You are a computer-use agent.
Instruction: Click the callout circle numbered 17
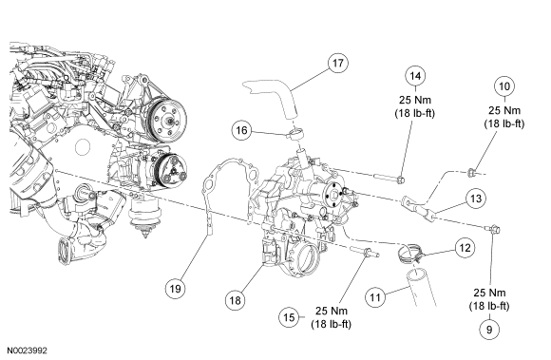pos(337,64)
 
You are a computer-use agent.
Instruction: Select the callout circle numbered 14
pos(415,76)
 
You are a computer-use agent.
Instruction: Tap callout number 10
pos(504,86)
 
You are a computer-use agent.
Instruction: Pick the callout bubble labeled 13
pos(476,199)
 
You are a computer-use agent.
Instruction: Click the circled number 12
pos(465,248)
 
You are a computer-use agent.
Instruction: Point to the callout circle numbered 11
pos(375,298)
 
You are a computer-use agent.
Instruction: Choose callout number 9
pos(489,330)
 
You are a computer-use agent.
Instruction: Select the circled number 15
pos(289,317)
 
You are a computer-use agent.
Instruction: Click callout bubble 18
pos(235,300)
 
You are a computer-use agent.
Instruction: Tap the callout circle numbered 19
pos(175,289)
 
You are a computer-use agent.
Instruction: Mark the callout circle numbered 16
pos(241,131)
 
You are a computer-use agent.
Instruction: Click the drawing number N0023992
pos(28,351)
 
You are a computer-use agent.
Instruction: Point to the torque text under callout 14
pos(415,106)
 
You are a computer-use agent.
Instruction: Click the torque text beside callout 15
pos(331,317)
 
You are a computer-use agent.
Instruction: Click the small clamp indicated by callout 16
pos(295,134)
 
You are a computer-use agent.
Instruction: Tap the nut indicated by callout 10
pos(471,172)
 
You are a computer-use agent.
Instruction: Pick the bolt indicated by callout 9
pos(494,229)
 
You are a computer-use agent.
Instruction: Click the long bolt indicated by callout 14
pos(389,179)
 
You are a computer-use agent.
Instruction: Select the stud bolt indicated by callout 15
pos(365,252)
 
